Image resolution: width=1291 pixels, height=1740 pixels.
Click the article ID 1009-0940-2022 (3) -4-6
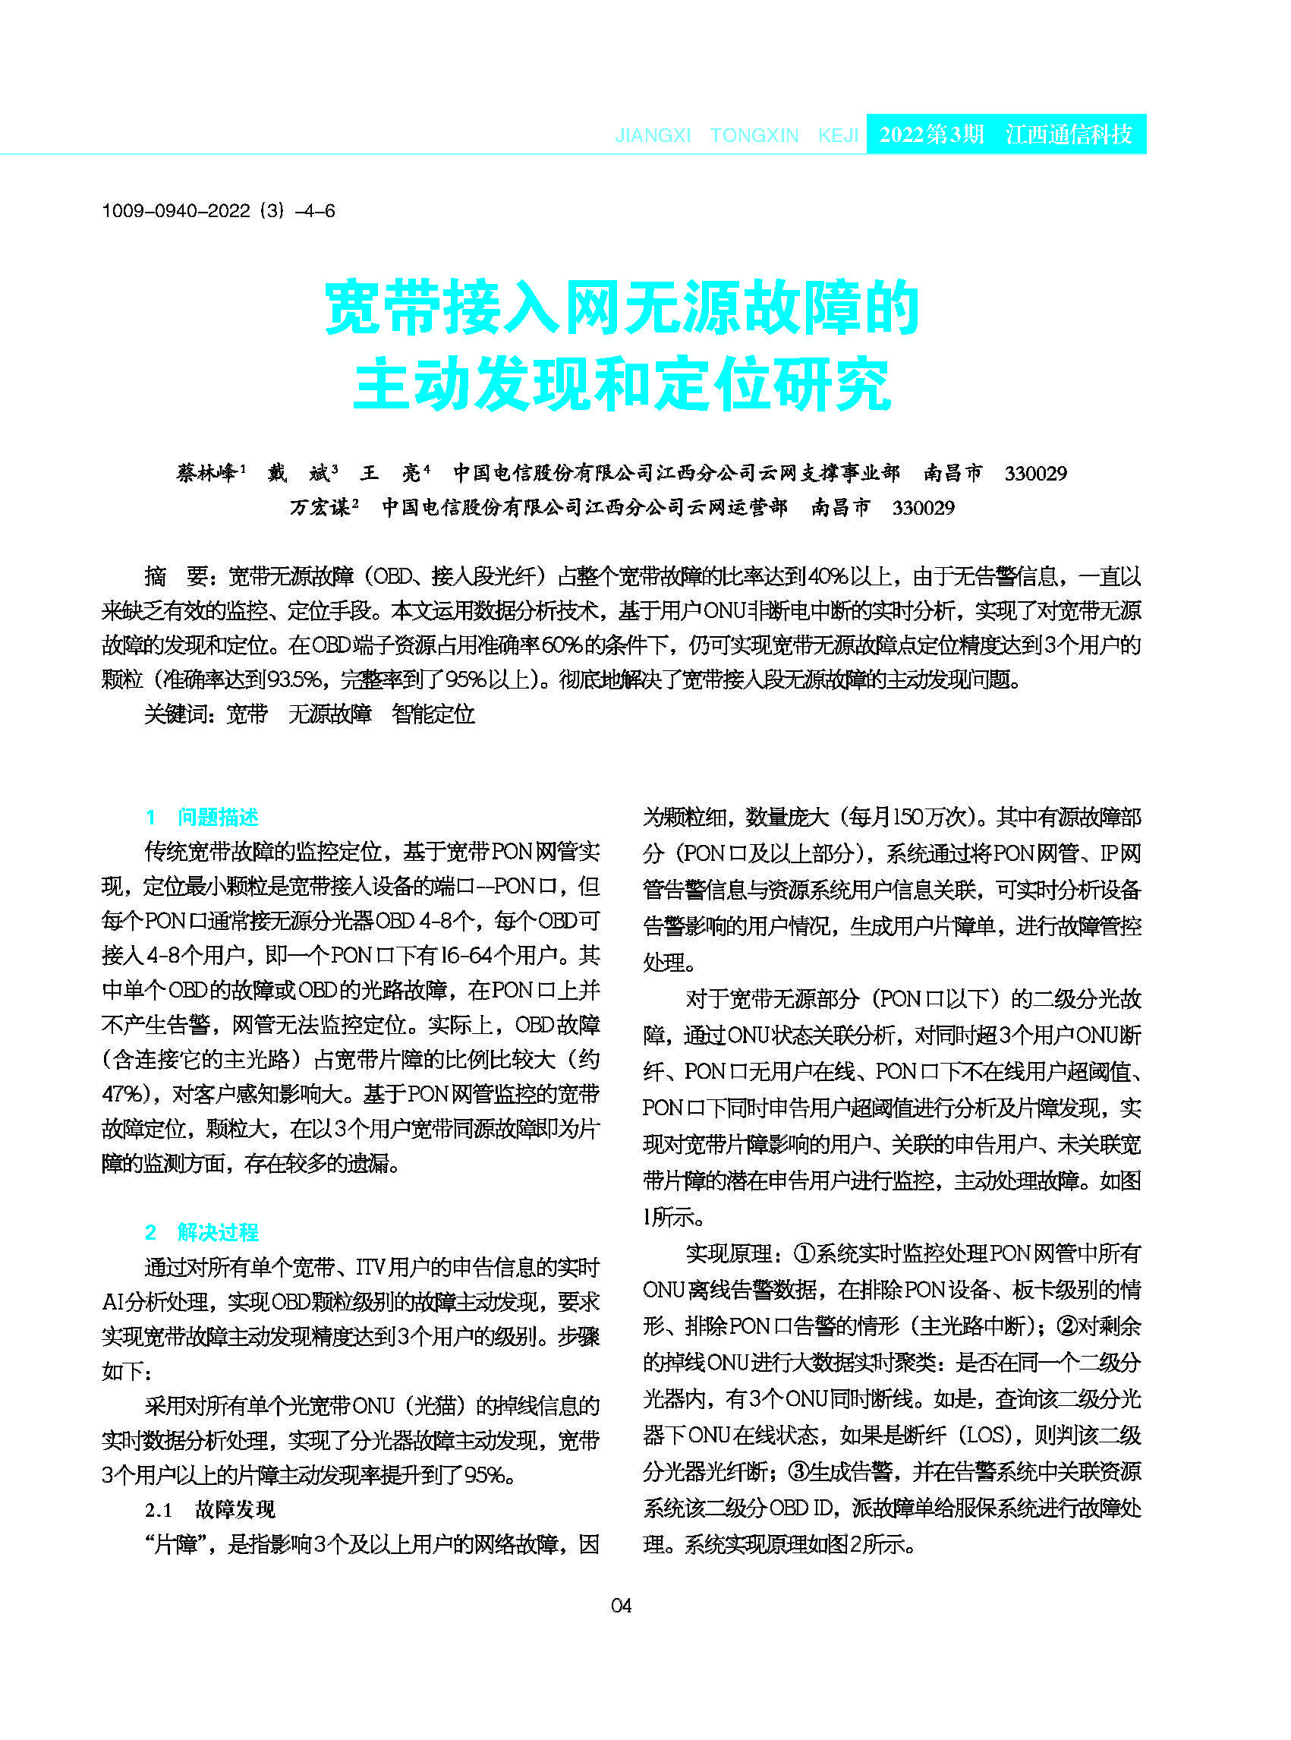218,210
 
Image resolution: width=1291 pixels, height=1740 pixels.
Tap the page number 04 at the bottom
622,1606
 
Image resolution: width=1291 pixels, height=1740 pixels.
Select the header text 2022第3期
930,134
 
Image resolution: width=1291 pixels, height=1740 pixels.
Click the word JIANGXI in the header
653,135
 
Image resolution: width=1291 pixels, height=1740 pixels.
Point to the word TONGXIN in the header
754,135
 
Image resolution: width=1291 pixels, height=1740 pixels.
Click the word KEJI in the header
838,135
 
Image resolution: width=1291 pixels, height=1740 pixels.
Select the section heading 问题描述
218,817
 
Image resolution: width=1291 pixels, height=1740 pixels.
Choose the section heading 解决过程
218,1232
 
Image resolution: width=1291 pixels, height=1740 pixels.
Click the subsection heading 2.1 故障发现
209,1508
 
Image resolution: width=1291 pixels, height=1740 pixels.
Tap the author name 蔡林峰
207,473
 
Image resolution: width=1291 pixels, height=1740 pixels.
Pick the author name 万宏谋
320,507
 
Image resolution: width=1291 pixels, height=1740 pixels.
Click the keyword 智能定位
433,714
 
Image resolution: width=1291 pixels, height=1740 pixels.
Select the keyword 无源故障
330,714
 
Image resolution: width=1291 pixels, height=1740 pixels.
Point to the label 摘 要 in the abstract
176,576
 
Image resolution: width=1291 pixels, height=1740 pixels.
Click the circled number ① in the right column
805,1253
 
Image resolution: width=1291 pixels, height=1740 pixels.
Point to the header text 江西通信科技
1069,134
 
